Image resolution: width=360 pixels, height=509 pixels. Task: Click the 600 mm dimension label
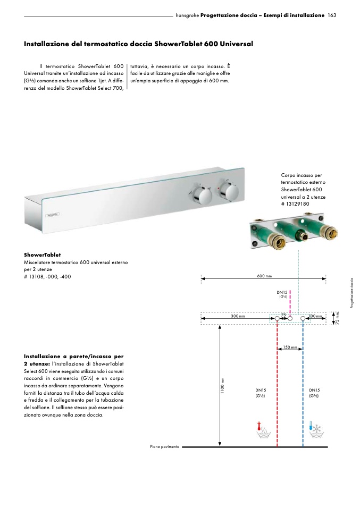point(264,276)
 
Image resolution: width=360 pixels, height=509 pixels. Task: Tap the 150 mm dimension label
point(290,347)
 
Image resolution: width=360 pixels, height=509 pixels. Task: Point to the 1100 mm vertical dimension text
point(223,386)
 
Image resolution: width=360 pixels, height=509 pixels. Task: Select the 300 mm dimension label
point(238,316)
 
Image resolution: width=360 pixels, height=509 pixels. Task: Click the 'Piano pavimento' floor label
point(165,447)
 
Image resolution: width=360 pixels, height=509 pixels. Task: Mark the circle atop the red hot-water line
point(277,319)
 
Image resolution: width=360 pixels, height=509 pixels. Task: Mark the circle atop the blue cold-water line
point(303,319)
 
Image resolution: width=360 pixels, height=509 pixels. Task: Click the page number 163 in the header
point(332,16)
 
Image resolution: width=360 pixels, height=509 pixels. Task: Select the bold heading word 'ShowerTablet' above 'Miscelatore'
point(43,255)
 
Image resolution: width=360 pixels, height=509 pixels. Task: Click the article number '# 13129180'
point(296,203)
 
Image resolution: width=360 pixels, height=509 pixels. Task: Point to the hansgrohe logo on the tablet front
point(53,215)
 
